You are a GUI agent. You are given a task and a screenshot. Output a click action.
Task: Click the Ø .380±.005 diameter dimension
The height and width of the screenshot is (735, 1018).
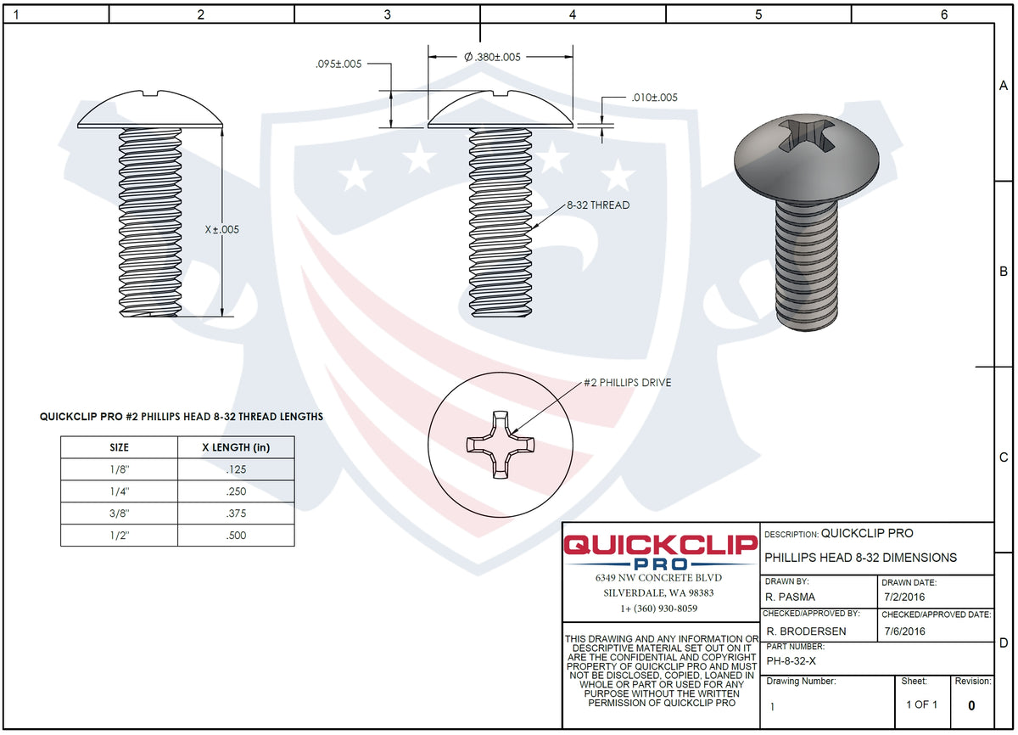tap(493, 57)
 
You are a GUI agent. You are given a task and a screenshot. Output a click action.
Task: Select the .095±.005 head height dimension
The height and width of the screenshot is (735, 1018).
tap(338, 64)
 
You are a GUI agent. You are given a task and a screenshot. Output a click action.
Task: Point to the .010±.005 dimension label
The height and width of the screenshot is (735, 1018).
tap(654, 98)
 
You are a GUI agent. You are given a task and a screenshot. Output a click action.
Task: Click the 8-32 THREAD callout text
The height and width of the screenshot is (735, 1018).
tap(599, 205)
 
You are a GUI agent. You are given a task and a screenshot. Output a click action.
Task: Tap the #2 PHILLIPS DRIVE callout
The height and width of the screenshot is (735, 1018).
tap(627, 383)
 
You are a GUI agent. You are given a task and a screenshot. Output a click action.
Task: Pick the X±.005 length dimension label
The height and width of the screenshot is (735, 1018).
tap(222, 229)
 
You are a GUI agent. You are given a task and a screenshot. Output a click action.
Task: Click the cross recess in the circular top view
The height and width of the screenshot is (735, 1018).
tap(498, 445)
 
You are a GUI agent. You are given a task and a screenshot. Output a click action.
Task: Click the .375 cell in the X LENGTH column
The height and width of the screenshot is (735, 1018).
tap(236, 513)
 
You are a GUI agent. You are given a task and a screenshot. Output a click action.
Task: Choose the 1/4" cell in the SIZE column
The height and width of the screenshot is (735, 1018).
tap(120, 491)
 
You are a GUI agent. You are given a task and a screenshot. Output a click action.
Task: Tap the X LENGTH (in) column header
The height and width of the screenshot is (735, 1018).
tap(236, 447)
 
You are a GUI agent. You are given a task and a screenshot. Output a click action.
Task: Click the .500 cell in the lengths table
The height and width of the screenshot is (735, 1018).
tap(236, 536)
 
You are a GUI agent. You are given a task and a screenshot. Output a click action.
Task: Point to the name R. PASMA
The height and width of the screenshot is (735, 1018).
tap(791, 597)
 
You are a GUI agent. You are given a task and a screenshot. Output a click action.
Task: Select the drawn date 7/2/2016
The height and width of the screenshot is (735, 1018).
tap(904, 597)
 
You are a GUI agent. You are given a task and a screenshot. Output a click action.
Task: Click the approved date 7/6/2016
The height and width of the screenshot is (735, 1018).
tap(904, 631)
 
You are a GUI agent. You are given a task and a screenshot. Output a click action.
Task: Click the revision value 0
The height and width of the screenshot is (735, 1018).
tap(971, 704)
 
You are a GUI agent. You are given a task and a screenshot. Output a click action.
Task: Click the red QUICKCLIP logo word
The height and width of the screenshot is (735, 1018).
tap(660, 546)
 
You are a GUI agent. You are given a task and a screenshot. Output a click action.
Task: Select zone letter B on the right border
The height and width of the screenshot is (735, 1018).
tap(1003, 272)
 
